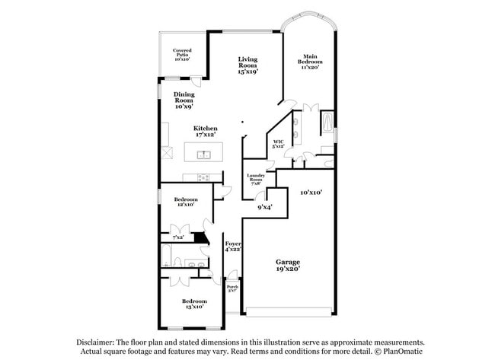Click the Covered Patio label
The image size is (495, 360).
[x=182, y=54]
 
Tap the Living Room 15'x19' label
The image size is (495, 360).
[x=247, y=65]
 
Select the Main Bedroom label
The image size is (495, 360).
[x=311, y=62]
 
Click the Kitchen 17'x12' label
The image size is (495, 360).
[x=205, y=131]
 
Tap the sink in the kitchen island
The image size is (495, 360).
[x=203, y=155]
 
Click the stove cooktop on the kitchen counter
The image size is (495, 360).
[x=203, y=177]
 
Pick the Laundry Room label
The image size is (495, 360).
[x=255, y=179]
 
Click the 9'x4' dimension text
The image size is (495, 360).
[x=264, y=206]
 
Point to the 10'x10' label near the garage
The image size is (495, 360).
[x=311, y=193]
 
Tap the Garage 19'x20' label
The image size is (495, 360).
[x=288, y=264]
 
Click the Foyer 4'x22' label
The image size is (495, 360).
[x=232, y=246]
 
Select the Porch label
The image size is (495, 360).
[x=232, y=288]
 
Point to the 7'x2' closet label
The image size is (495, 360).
[x=177, y=237]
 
